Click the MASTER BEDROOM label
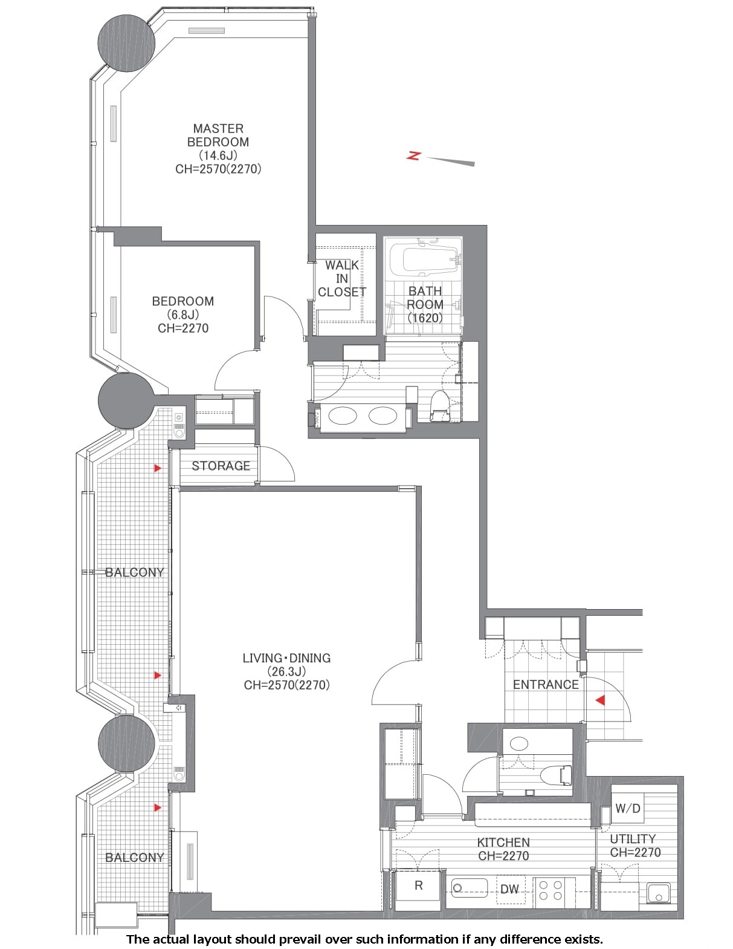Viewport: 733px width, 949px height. coord(218,135)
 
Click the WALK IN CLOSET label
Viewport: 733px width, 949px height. coord(342,278)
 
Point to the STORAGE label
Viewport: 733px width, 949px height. coord(221,466)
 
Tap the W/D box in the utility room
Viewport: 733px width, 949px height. coord(628,809)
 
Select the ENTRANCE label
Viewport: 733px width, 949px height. coord(546,685)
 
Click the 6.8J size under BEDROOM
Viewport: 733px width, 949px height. coord(183,315)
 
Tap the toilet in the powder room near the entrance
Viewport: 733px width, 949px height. coord(557,775)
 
